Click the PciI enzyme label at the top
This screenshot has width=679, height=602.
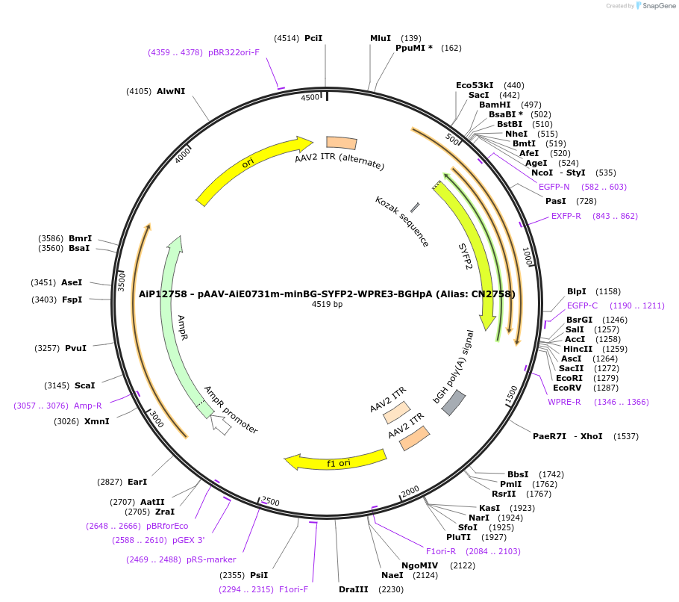[x=313, y=38]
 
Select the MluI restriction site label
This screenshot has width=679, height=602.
[x=381, y=38]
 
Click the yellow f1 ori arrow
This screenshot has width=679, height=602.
[x=336, y=461]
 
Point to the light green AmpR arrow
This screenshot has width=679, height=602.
[x=172, y=314]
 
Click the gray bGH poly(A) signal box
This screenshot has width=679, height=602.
[x=454, y=403]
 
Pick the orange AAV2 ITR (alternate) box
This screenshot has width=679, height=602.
[x=341, y=143]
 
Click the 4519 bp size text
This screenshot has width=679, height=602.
[x=327, y=304]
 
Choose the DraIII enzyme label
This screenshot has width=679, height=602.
[x=353, y=589]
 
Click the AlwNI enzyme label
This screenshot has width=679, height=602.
[x=171, y=91]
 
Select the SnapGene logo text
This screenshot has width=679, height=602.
[x=656, y=6]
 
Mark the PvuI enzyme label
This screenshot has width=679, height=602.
[x=75, y=348]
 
